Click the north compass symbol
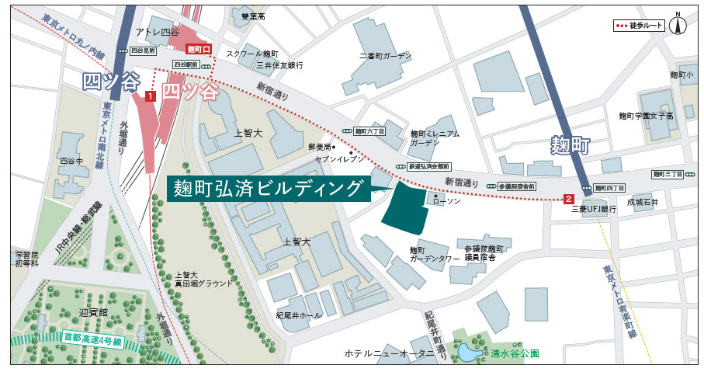680,24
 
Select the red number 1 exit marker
151,96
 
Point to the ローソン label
446,200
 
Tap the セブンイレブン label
336,158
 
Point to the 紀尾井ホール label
298,315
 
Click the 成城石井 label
643,202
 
